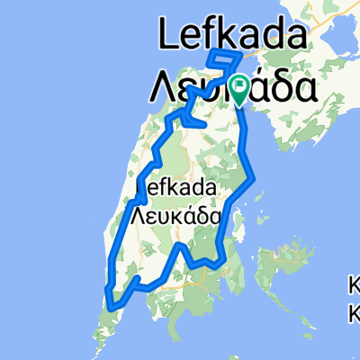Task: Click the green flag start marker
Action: pyautogui.click(x=240, y=86)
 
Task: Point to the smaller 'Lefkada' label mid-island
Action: pyautogui.click(x=175, y=187)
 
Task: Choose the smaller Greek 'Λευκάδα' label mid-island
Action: pyautogui.click(x=175, y=215)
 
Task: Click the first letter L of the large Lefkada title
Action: pyautogui.click(x=168, y=35)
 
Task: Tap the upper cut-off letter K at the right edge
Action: pyautogui.click(x=355, y=287)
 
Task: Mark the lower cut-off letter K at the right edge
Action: pyautogui.click(x=355, y=315)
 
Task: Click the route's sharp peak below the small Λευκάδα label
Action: pyautogui.click(x=181, y=245)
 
